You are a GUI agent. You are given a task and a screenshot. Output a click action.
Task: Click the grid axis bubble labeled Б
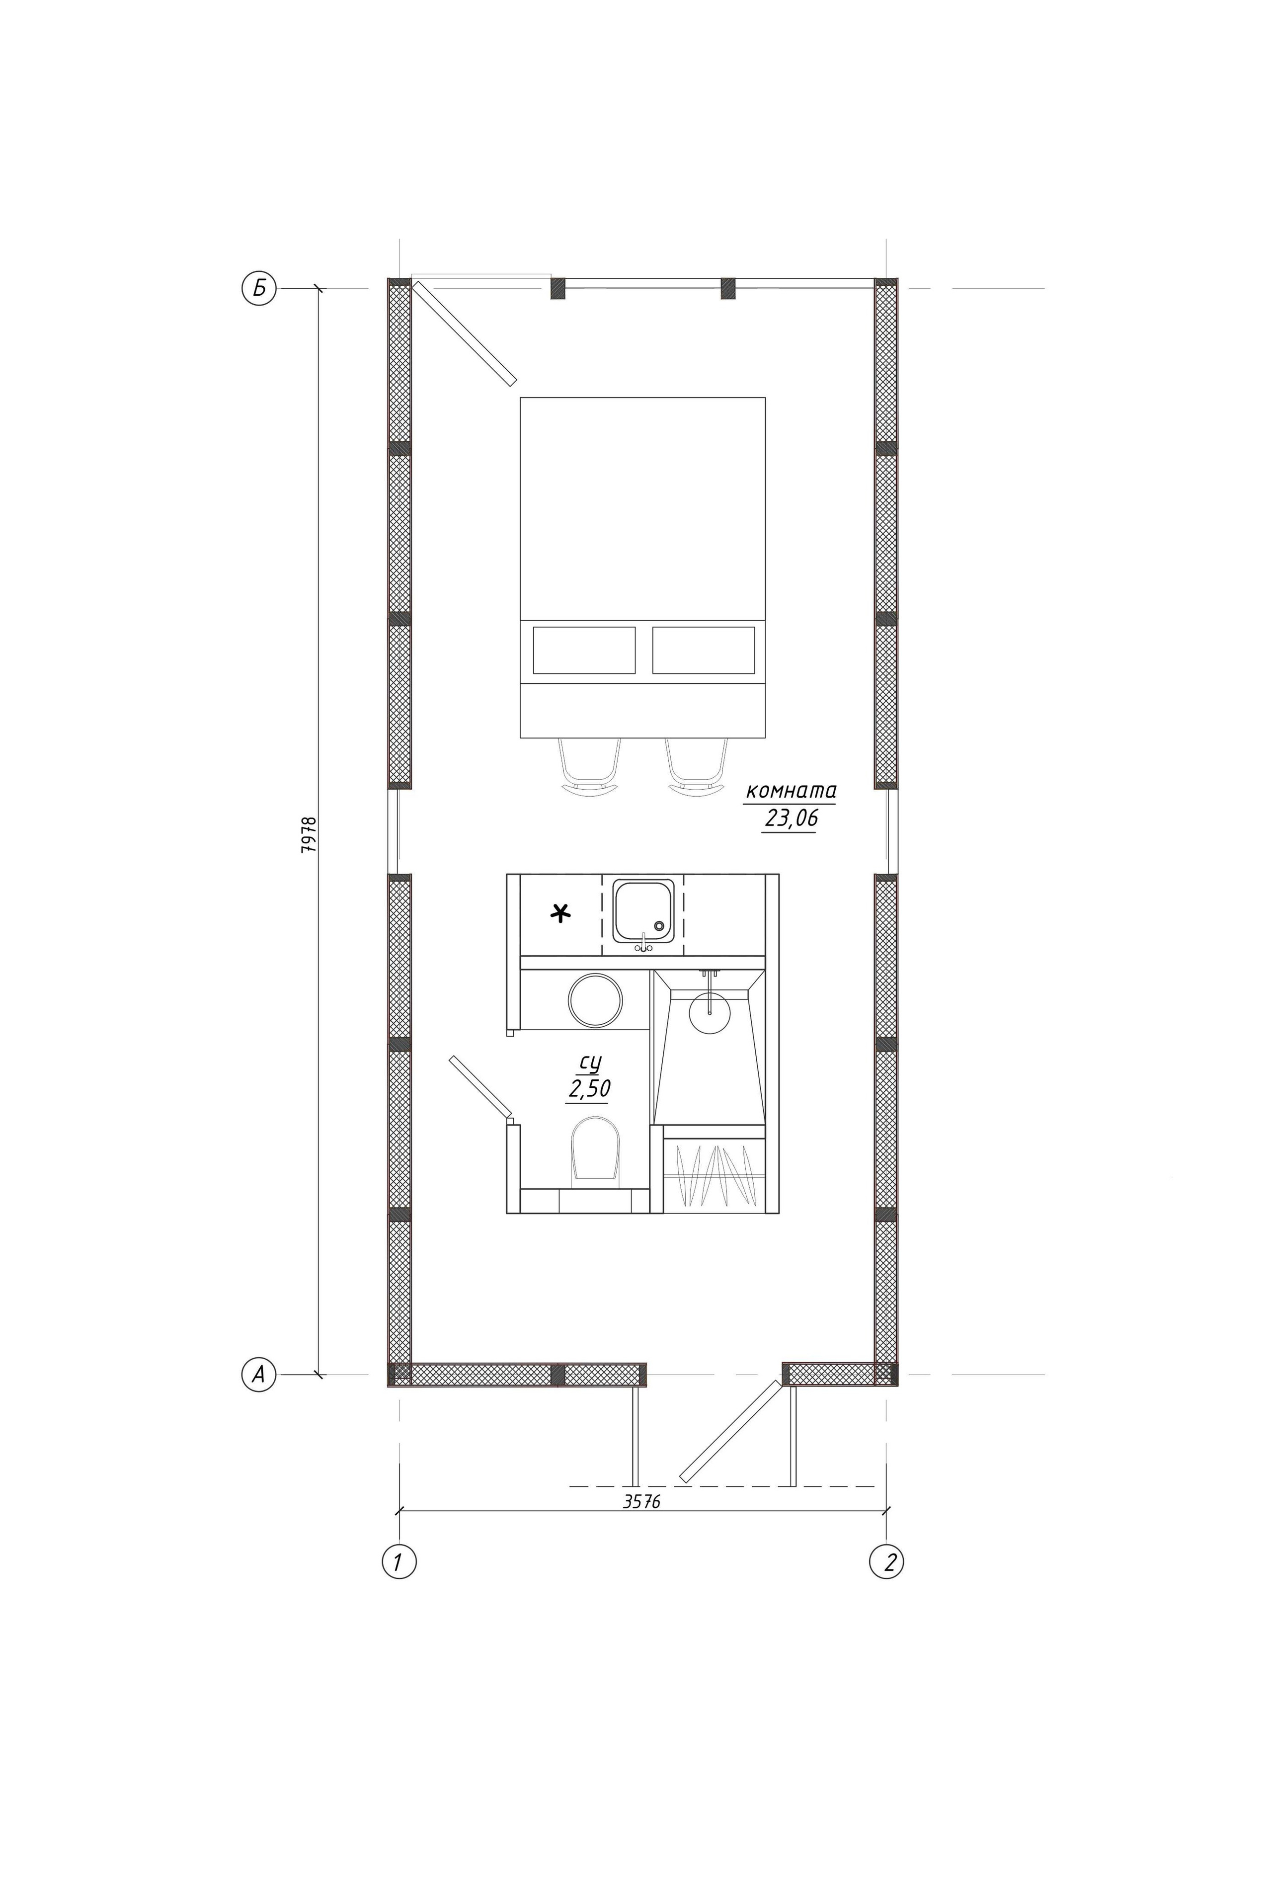258,289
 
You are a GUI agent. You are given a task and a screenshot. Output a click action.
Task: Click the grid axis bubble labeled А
258,1374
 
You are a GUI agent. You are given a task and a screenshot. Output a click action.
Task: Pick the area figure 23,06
791,818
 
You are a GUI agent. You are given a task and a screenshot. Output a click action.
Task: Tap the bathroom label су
591,1062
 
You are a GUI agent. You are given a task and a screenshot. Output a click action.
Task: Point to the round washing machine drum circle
596,1000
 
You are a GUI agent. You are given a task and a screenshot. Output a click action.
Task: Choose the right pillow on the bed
703,650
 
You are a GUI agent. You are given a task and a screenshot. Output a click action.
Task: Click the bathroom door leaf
481,1086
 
